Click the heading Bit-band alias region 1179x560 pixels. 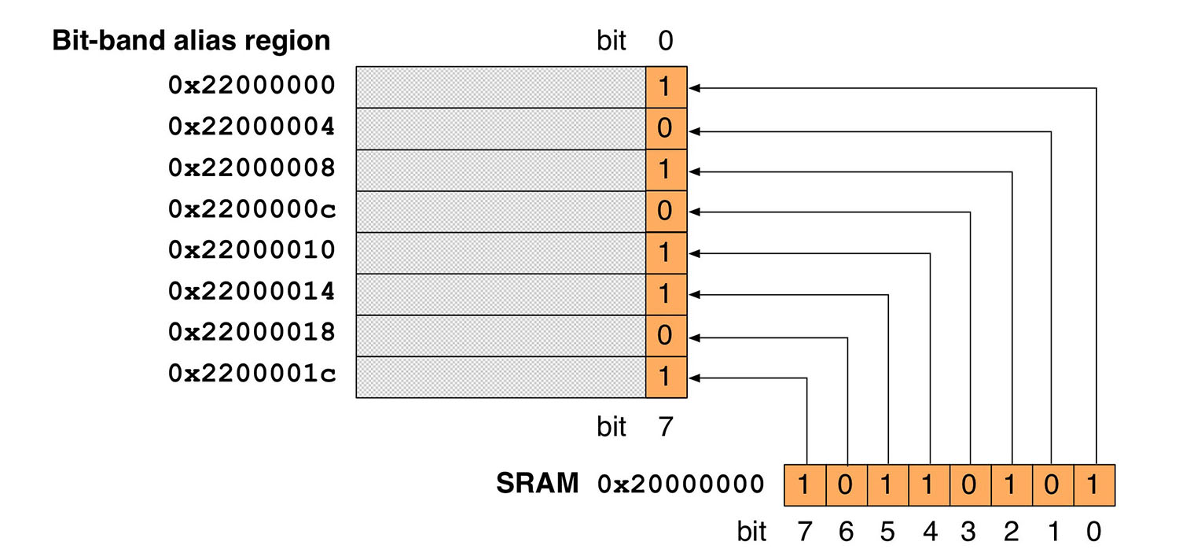pyautogui.click(x=191, y=40)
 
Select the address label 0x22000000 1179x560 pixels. pyautogui.click(x=252, y=86)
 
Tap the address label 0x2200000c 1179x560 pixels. pyautogui.click(x=252, y=209)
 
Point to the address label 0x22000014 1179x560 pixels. pyautogui.click(x=252, y=292)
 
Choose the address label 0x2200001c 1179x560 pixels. pyautogui.click(x=252, y=374)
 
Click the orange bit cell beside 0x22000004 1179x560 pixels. pyautogui.click(x=666, y=128)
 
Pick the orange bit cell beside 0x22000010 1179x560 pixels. pyautogui.click(x=666, y=252)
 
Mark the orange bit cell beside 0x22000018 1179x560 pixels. pyautogui.click(x=666, y=336)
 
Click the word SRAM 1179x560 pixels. pyautogui.click(x=537, y=484)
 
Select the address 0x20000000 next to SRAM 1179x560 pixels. pyautogui.click(x=680, y=484)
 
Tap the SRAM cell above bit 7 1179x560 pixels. pyautogui.click(x=805, y=484)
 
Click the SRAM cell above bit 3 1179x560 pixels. pyautogui.click(x=969, y=484)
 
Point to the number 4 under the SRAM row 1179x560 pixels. pyautogui.click(x=928, y=532)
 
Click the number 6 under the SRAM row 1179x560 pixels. pyautogui.click(x=845, y=532)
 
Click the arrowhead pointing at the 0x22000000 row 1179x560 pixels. pyautogui.click(x=695, y=88)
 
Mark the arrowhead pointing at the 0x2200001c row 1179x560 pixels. pyautogui.click(x=695, y=378)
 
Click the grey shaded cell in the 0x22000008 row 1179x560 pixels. pyautogui.click(x=501, y=169)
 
